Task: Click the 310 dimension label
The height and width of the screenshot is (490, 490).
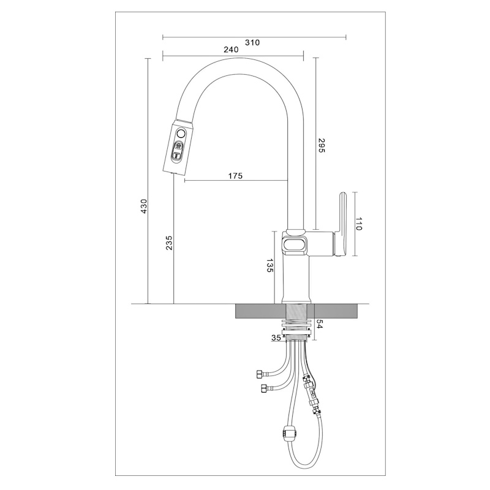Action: click(252, 42)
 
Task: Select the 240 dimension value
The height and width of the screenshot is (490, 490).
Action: click(231, 50)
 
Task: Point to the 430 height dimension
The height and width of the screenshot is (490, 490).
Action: click(143, 206)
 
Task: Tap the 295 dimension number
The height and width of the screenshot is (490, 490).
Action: click(322, 145)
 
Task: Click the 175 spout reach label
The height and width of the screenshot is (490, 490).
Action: click(235, 176)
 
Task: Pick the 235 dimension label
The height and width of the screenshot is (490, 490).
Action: click(169, 243)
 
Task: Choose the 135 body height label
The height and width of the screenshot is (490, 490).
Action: click(269, 265)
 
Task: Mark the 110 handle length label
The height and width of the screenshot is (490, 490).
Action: click(358, 224)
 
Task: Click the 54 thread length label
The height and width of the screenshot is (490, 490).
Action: click(319, 324)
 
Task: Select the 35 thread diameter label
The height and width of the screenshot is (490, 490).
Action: click(276, 338)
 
